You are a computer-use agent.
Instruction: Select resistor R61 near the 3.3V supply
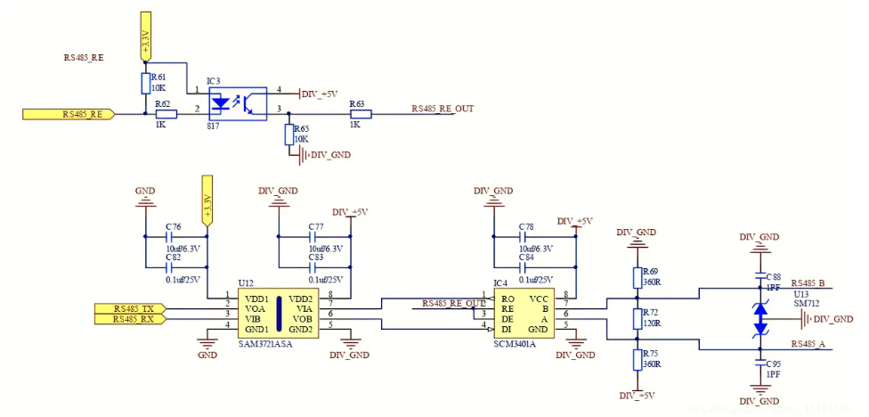(145, 84)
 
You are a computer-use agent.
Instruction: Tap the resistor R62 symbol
(163, 113)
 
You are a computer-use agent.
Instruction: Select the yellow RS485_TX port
(130, 307)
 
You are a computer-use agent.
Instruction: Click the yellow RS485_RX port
(130, 318)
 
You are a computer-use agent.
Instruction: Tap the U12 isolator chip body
(278, 312)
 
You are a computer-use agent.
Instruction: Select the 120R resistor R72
(638, 318)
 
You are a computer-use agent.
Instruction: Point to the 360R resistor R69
(638, 275)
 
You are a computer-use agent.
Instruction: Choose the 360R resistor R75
(638, 359)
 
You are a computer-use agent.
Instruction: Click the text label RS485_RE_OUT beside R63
(442, 109)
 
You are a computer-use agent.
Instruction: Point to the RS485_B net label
(808, 283)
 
